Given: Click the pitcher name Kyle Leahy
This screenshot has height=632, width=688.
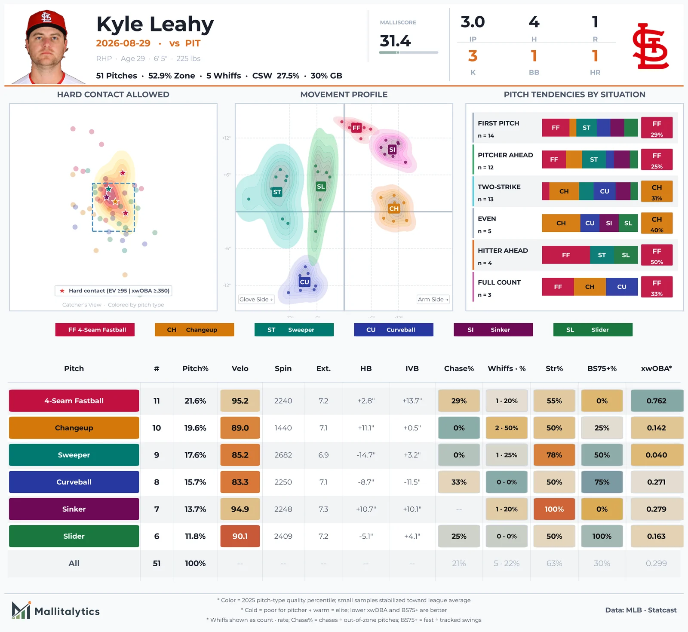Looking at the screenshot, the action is coord(155,25).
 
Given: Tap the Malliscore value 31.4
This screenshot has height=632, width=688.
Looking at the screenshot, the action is coord(395,41).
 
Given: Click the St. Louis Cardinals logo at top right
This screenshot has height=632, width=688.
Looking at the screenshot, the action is coord(650,46).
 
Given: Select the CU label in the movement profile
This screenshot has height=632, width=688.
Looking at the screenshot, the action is coord(304,282).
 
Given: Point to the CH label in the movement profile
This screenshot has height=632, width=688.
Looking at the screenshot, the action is coord(394,209).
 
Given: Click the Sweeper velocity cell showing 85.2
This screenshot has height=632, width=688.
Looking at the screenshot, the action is coord(240,455).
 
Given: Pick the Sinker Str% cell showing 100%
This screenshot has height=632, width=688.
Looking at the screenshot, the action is coord(554,509).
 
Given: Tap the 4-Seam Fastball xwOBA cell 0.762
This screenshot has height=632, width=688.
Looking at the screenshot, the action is coord(657,401).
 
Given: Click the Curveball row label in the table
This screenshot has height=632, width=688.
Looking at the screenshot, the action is coord(74,482).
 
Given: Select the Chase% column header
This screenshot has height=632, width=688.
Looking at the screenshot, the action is coord(459,368).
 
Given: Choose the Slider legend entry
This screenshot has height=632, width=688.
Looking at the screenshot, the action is coord(593,330).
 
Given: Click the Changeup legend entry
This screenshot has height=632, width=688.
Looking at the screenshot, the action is coord(194,330).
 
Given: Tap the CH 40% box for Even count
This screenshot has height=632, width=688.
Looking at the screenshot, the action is coord(657,223).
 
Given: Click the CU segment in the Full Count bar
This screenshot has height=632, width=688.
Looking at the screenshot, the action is coord(622,287).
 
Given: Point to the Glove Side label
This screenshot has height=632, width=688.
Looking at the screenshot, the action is coord(256,299).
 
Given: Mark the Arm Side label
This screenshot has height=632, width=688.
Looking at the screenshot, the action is coord(433,299).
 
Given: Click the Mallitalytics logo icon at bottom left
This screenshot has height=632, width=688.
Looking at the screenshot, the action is coord(21,610).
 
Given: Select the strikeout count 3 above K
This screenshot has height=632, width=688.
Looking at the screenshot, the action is coord(473,56).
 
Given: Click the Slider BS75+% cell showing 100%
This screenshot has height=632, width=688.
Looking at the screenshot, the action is coord(602,536).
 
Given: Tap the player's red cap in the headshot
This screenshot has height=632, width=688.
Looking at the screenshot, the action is coord(46,22).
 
